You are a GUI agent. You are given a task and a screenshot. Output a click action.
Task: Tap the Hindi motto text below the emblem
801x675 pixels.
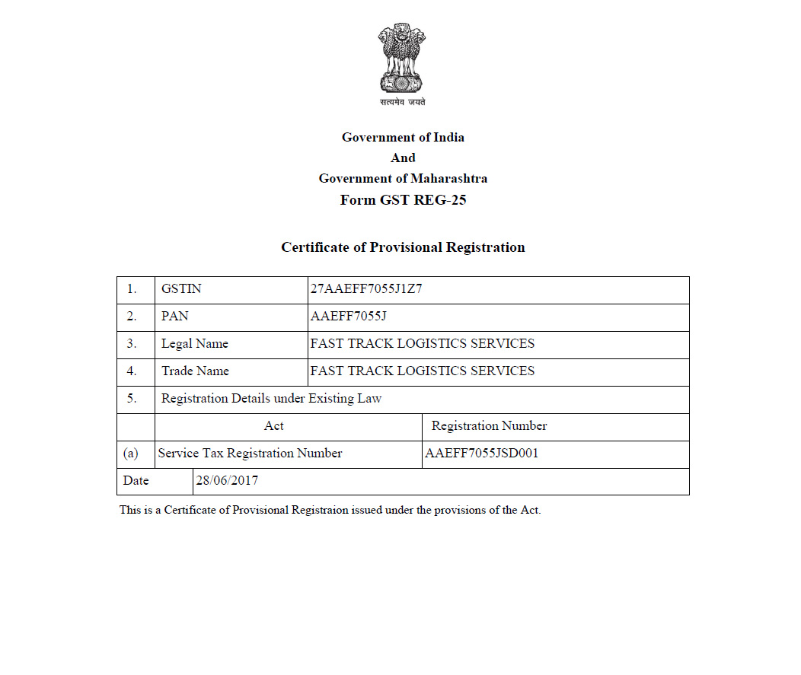(403, 102)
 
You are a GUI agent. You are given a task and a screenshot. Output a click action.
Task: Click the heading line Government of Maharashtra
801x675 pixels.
(403, 179)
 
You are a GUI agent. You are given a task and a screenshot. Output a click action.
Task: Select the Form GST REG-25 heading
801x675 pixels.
(403, 200)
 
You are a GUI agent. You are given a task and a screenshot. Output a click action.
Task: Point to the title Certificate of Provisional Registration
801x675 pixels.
(403, 247)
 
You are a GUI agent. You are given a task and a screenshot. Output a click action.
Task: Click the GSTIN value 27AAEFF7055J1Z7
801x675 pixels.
(366, 289)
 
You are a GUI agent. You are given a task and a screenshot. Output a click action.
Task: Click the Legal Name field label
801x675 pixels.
(195, 344)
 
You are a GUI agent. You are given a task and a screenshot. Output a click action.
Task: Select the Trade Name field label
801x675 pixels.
(195, 371)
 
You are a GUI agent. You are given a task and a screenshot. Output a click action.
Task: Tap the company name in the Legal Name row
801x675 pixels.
(423, 344)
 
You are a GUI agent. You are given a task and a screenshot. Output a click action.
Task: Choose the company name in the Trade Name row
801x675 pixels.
(423, 371)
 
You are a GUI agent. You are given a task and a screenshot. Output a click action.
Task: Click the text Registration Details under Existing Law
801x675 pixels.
(272, 399)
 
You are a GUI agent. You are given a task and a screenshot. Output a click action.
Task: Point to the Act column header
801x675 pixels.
(274, 426)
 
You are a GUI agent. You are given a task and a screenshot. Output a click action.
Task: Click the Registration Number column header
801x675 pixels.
(489, 426)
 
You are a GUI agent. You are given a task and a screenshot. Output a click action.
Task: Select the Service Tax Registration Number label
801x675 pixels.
(251, 454)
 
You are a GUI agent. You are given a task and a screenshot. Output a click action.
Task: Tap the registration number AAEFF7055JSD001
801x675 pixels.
(482, 454)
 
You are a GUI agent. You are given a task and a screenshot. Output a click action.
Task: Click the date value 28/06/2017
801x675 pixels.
(228, 481)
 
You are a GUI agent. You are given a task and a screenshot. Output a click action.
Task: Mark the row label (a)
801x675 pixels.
(131, 454)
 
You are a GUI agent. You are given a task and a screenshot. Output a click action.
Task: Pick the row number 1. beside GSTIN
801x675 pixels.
(132, 289)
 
